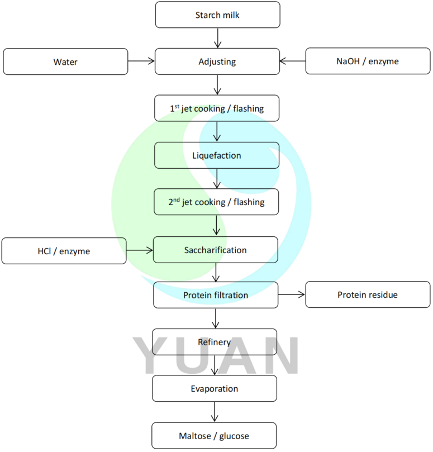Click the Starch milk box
click(x=217, y=15)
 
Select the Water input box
click(x=65, y=61)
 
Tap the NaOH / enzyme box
click(x=367, y=61)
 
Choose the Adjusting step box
click(x=217, y=61)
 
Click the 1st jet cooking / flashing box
click(x=217, y=108)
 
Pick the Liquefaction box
click(x=217, y=155)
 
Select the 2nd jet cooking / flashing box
click(x=217, y=202)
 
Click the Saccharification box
click(x=215, y=250)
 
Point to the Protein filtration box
click(x=215, y=295)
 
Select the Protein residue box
click(x=367, y=295)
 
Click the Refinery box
click(x=214, y=342)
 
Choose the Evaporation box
click(x=214, y=389)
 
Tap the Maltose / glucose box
click(x=214, y=436)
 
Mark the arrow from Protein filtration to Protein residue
click(x=292, y=294)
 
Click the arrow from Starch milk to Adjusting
click(x=217, y=38)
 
